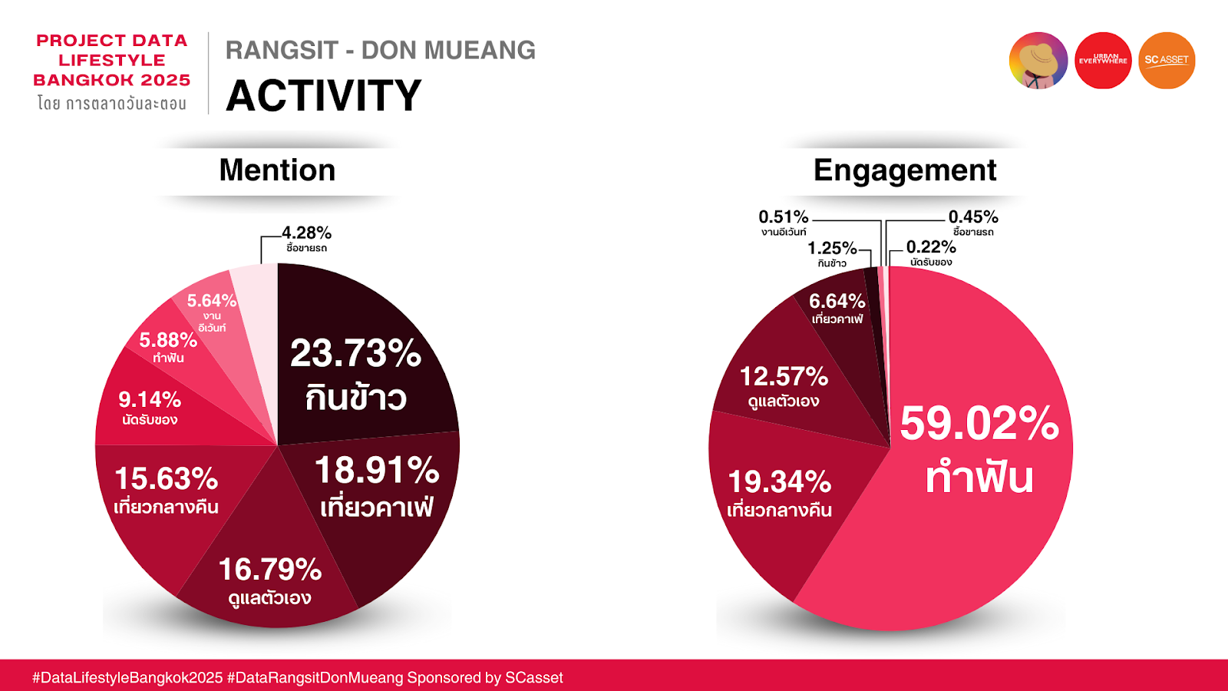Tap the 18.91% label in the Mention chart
[377, 471]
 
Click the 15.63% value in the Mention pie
[166, 479]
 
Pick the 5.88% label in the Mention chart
[168, 340]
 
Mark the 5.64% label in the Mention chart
[211, 301]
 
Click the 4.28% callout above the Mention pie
[306, 233]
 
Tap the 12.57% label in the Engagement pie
[784, 377]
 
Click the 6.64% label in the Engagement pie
[837, 301]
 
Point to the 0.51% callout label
[784, 217]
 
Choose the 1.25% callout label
[832, 248]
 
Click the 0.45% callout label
[973, 217]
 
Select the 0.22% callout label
[931, 247]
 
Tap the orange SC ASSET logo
[1167, 61]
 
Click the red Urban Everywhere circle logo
[1103, 61]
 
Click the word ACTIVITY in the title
[324, 96]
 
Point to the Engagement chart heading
[905, 170]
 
